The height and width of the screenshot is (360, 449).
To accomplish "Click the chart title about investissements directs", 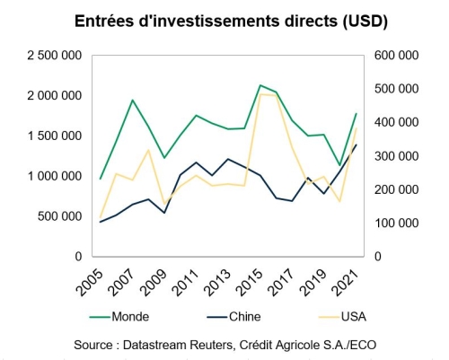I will pyautogui.click(x=224, y=20).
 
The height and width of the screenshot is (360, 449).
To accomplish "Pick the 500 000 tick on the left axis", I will pyautogui.click(x=59, y=216).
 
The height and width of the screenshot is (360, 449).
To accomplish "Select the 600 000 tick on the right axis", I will pyautogui.click(x=396, y=56).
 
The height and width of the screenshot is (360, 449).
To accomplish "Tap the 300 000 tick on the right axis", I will pyautogui.click(x=396, y=156).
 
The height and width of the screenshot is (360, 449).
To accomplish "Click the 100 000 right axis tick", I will pyautogui.click(x=396, y=223).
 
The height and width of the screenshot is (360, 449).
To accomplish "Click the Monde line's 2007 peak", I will pyautogui.click(x=132, y=101).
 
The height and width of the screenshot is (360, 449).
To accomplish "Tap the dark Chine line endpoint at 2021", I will pyautogui.click(x=356, y=145).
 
